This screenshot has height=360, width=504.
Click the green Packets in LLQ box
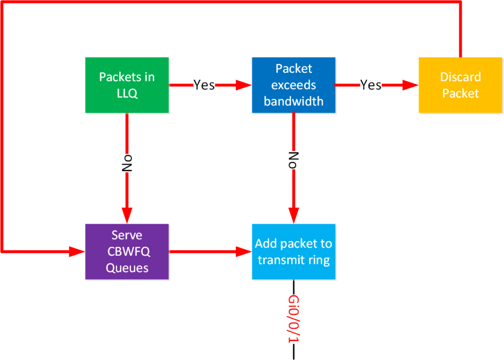pos(127,85)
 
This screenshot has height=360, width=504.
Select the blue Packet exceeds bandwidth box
pos(293,85)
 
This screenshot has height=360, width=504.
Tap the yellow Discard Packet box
pos(460,85)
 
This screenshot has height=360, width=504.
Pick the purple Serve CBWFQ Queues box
pos(127,252)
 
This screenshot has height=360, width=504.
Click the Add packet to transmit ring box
pos(293,252)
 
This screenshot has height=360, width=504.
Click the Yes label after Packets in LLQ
pos(204,85)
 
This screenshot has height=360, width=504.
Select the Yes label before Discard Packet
pos(371,85)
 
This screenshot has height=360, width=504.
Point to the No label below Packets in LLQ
pos(127,164)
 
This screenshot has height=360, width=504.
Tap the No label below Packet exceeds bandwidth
pos(293,160)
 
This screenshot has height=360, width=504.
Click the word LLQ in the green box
pos(127,93)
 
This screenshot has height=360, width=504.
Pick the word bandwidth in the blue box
pos(293,101)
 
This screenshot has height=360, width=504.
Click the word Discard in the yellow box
pos(460,77)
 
